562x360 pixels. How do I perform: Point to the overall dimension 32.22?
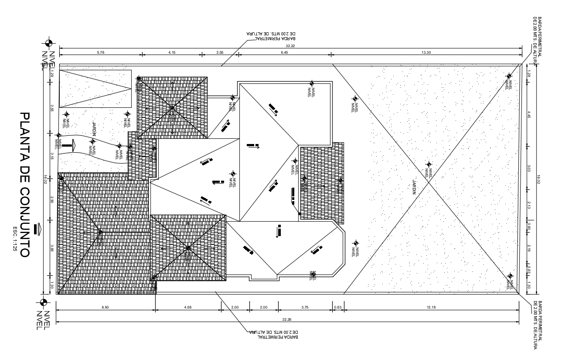click(x=290, y=45)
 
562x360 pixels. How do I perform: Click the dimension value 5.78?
click(x=100, y=52)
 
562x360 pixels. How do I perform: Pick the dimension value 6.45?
click(x=284, y=52)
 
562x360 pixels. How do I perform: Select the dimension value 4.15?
click(x=172, y=52)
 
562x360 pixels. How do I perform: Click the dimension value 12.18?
click(x=431, y=307)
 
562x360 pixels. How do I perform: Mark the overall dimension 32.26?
click(x=287, y=319)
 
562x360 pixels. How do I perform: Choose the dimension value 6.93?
click(x=106, y=307)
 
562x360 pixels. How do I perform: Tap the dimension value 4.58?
click(x=188, y=307)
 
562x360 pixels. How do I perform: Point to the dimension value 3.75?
click(x=305, y=307)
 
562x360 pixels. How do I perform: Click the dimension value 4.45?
click(x=529, y=116)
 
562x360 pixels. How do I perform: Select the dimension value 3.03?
click(x=529, y=168)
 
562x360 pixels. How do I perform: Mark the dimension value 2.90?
click(x=51, y=199)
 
